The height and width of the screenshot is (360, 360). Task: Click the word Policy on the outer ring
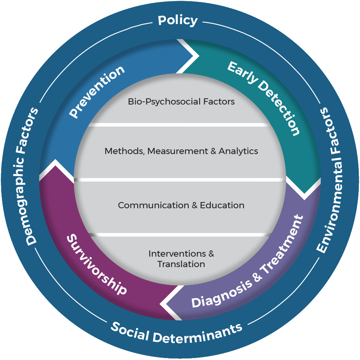point(178,20)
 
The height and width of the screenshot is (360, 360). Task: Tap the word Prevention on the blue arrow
point(97,91)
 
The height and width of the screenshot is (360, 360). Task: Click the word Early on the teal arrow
point(243,72)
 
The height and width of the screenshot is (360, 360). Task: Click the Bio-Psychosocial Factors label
point(181,102)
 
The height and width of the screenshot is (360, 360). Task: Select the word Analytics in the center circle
point(238,151)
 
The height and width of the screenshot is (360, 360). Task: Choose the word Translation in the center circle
point(181,264)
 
